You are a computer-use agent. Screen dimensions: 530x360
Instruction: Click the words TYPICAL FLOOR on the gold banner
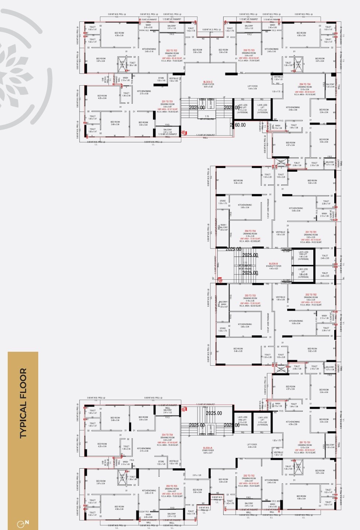click(x=23, y=403)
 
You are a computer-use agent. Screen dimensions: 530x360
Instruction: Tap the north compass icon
click(x=23, y=522)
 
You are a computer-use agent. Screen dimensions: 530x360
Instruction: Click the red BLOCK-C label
click(x=208, y=82)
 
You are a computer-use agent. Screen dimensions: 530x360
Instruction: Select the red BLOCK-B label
click(x=273, y=264)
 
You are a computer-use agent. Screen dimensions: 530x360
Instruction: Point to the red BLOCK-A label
click(x=208, y=448)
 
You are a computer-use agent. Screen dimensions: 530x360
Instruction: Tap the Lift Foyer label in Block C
click(x=252, y=87)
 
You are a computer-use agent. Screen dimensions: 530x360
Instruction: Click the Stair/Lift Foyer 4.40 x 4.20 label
click(x=274, y=267)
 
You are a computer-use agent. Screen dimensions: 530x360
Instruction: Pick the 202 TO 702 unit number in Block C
click(x=171, y=50)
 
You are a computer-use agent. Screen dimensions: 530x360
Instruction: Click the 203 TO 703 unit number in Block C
click(x=249, y=50)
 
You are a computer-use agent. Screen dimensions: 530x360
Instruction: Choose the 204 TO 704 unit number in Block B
click(x=250, y=231)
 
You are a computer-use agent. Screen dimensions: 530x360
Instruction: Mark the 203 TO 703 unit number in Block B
click(x=250, y=296)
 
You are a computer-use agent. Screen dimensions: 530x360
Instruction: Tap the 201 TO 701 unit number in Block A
click(x=305, y=443)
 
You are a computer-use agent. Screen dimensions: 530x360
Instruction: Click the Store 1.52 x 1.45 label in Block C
click(x=161, y=79)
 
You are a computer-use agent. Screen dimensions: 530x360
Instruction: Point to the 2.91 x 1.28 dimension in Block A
click(x=197, y=475)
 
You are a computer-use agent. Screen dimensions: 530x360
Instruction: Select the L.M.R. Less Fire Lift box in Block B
click(x=303, y=255)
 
